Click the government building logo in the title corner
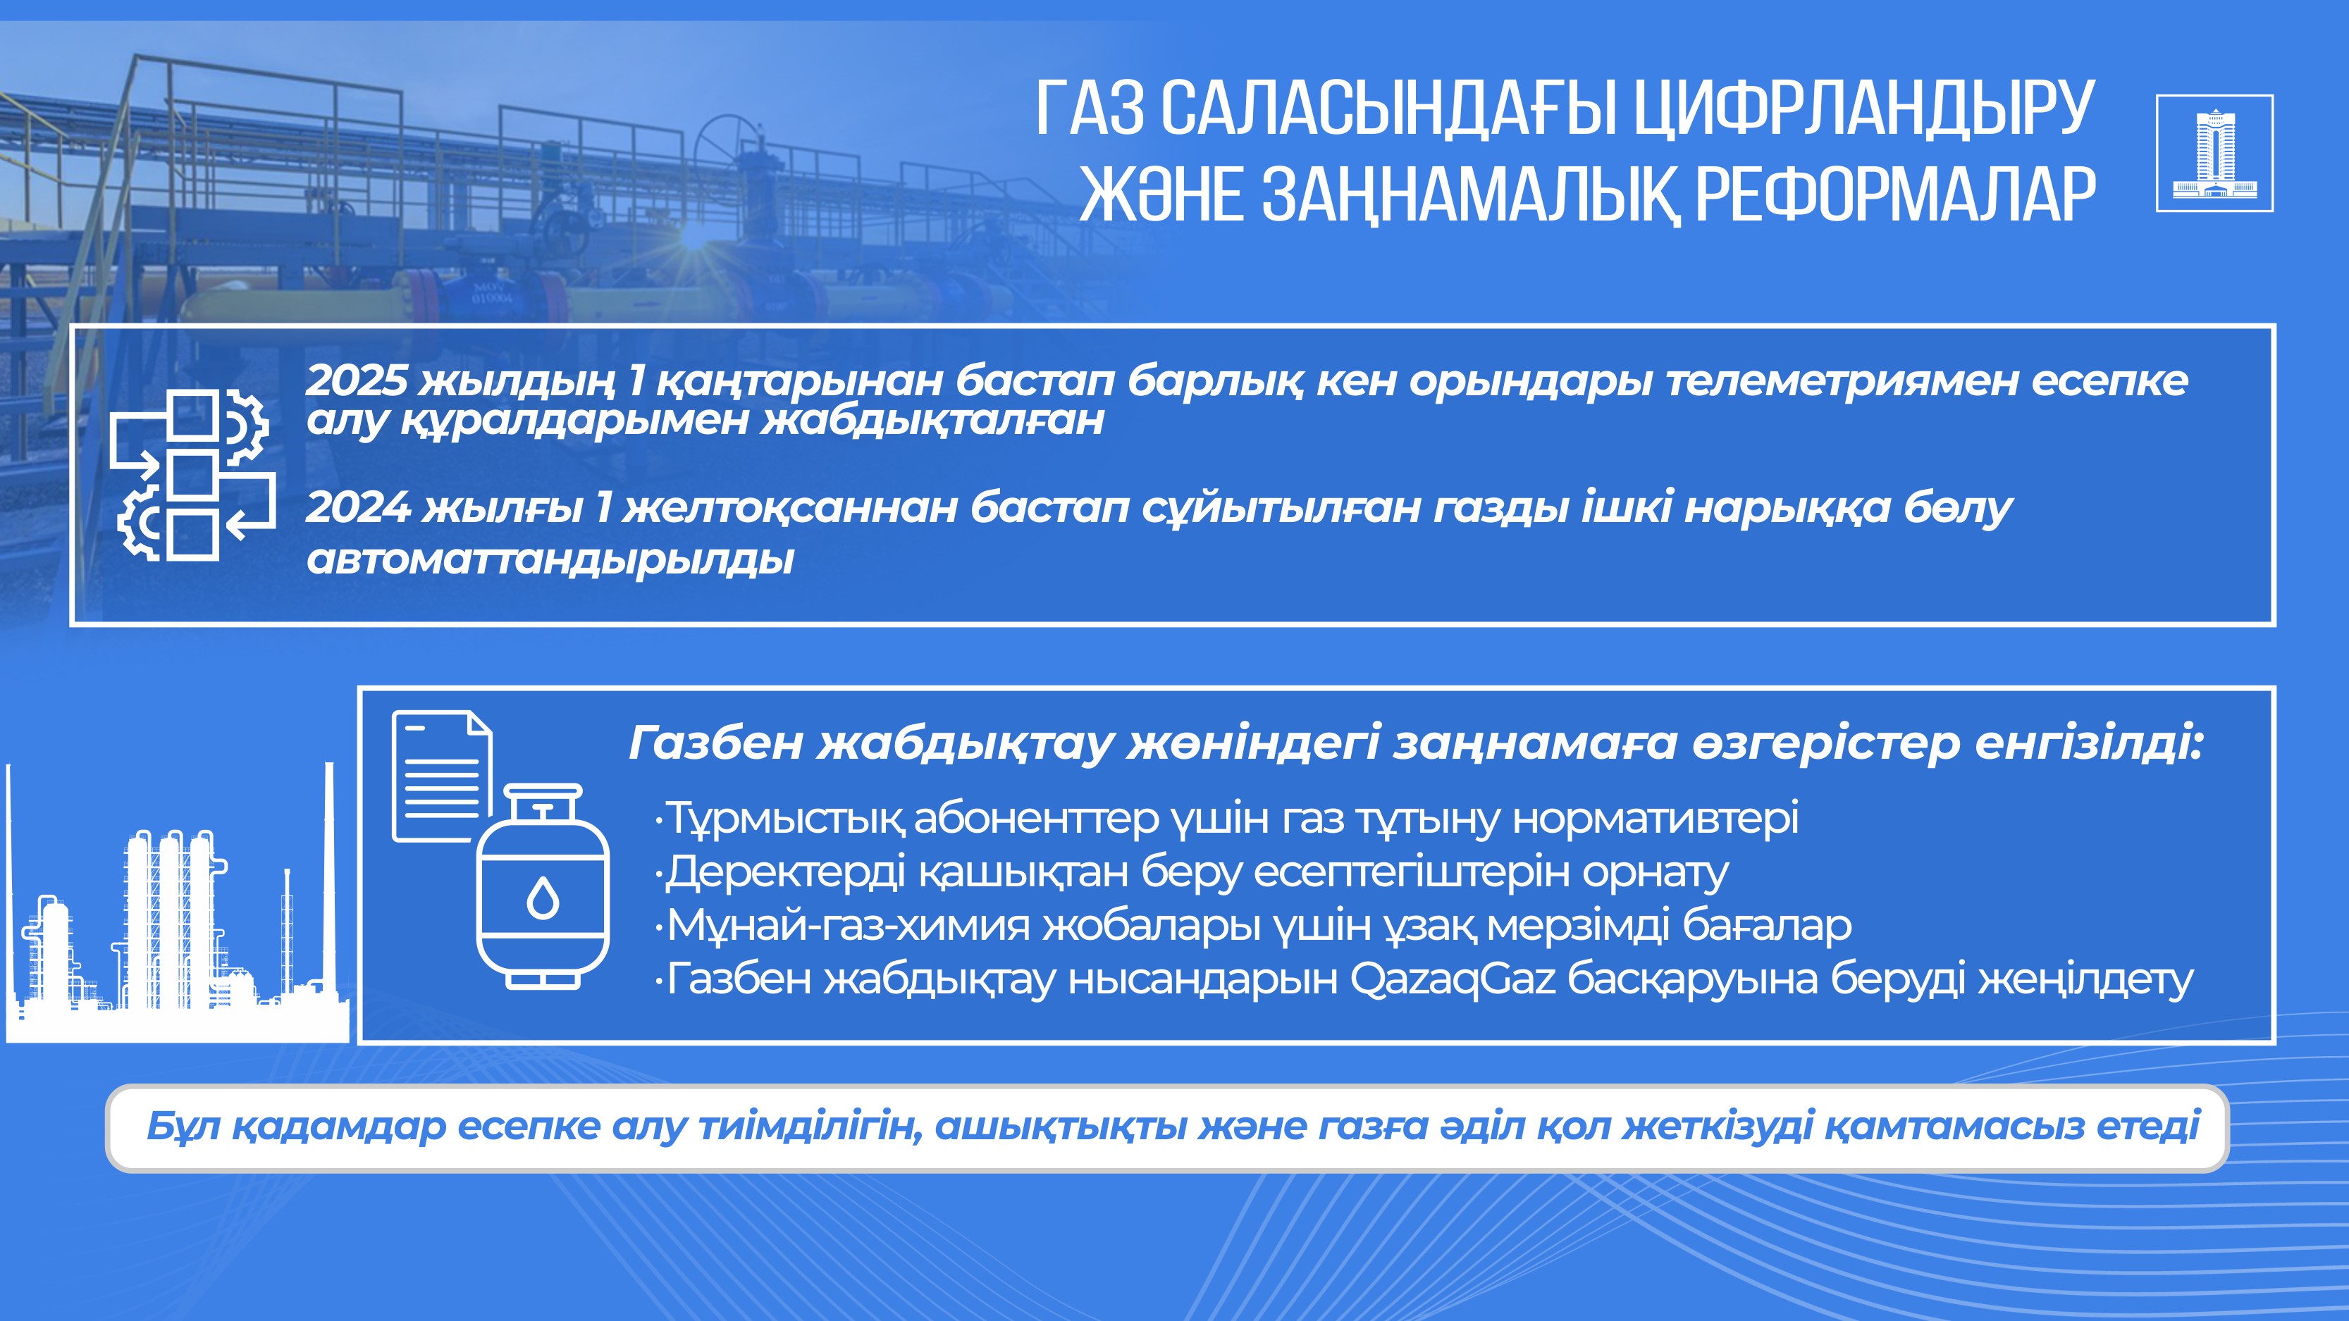point(2214,153)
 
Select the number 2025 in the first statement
point(357,380)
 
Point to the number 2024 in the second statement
point(357,507)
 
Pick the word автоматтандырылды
point(550,559)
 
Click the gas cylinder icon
point(543,887)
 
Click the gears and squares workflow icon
point(192,473)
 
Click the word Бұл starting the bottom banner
point(183,1127)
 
